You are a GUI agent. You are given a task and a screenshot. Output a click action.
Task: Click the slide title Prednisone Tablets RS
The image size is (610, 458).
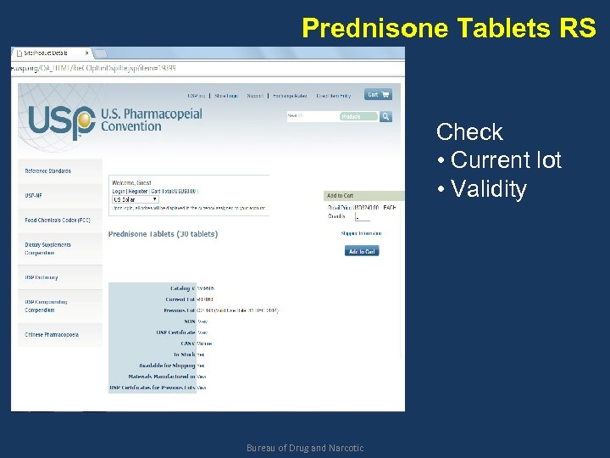tap(449, 28)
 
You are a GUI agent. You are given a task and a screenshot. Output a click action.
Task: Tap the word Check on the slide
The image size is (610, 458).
tap(469, 132)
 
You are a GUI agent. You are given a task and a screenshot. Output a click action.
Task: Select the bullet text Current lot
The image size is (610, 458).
tap(506, 160)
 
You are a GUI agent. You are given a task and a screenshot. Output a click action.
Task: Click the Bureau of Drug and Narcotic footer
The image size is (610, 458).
tap(305, 448)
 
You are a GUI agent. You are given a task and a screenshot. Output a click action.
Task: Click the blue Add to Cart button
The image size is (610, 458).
tap(362, 251)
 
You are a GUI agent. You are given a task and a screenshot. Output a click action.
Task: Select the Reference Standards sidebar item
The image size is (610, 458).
tap(48, 171)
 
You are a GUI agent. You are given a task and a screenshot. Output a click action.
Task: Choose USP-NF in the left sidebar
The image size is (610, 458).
tap(34, 195)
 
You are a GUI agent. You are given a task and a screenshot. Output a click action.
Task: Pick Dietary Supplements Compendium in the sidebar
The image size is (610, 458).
tap(47, 249)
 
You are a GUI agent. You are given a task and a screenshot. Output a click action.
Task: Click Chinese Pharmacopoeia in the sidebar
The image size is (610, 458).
tap(52, 335)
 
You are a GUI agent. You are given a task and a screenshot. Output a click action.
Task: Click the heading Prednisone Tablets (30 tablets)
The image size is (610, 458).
tap(163, 234)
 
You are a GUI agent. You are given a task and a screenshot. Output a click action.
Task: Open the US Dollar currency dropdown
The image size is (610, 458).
tap(136, 199)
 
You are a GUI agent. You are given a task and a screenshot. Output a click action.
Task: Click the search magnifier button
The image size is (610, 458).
tap(385, 116)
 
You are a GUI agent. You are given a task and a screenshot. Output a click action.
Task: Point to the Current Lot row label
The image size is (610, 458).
tap(180, 299)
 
